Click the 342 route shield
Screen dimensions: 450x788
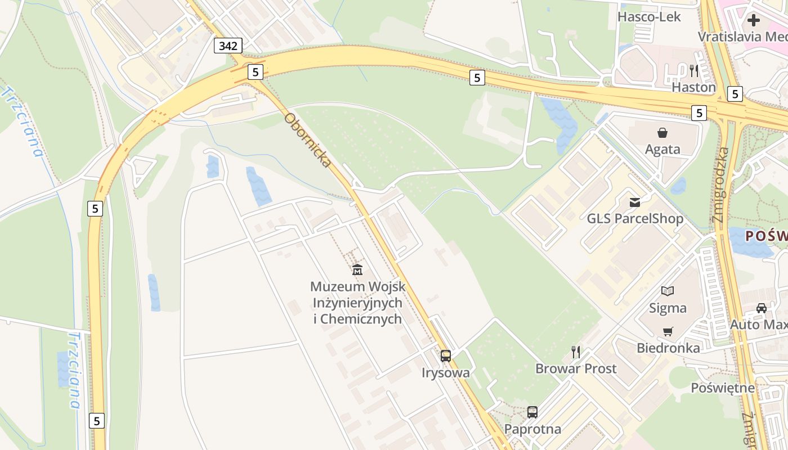(228, 46)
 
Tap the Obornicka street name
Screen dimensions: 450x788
(307, 140)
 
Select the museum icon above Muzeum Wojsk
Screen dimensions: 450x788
(357, 270)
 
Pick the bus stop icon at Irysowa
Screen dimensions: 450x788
(446, 355)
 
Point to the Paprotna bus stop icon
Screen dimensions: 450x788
(532, 412)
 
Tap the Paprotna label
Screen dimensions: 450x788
(532, 429)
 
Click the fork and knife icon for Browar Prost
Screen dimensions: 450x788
(576, 352)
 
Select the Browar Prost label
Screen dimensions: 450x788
(576, 369)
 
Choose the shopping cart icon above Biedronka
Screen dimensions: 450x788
(668, 331)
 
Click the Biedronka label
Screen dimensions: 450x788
(668, 348)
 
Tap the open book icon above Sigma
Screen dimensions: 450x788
(668, 291)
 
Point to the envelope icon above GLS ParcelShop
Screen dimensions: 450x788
(635, 202)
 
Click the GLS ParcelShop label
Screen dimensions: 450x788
(635, 218)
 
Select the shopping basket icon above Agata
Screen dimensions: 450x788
(662, 133)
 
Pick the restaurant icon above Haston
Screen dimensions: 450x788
(694, 71)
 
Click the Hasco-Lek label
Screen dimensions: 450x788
(649, 17)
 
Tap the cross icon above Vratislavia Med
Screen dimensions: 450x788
(753, 21)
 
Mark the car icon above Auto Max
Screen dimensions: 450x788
(762, 308)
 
